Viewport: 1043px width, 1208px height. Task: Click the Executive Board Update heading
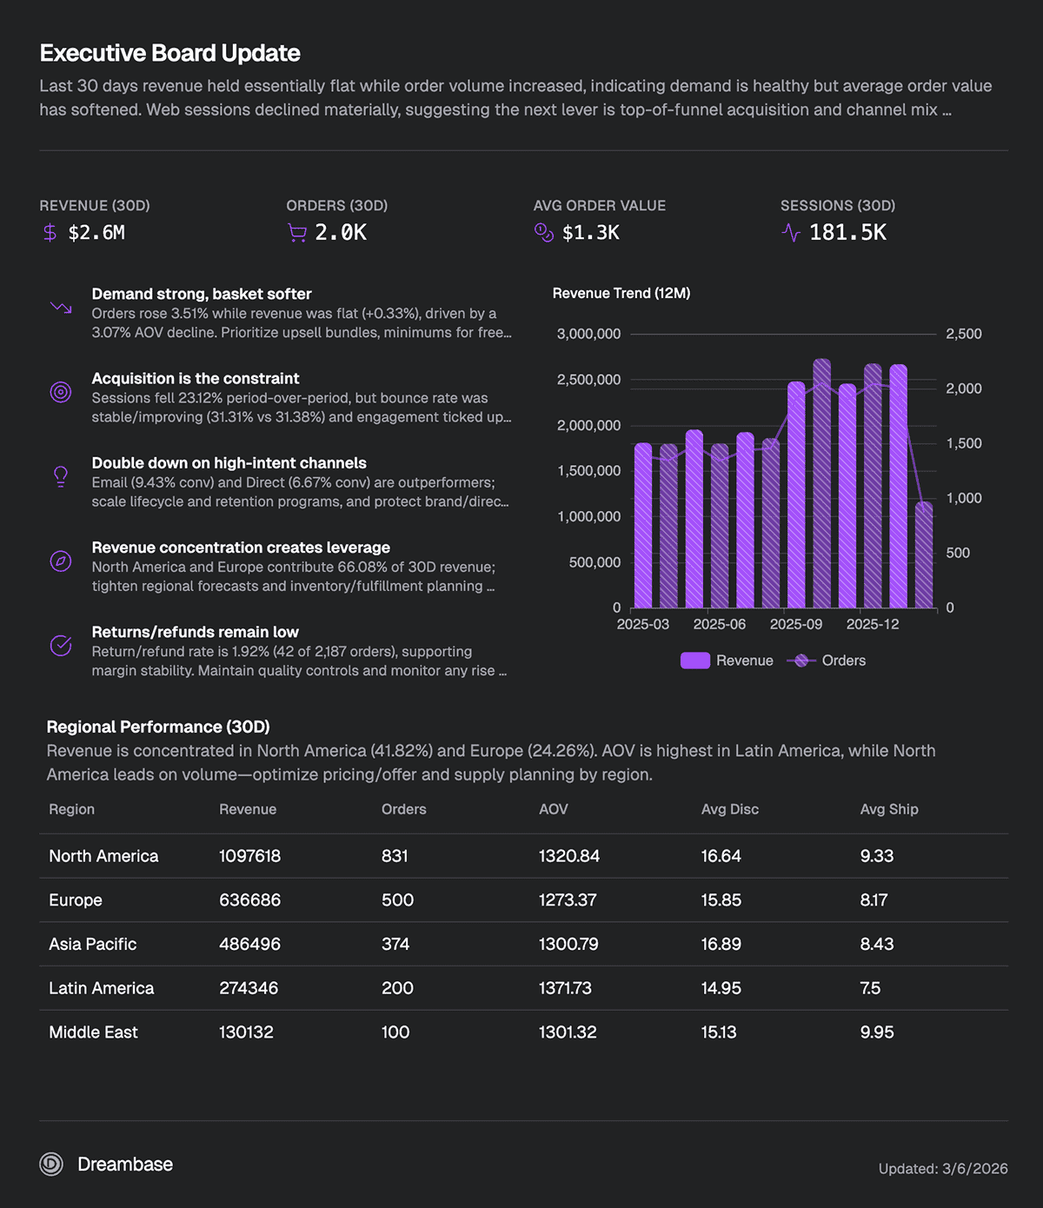point(170,54)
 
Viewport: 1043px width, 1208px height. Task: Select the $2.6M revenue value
point(96,233)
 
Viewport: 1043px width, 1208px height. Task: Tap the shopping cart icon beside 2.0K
point(297,233)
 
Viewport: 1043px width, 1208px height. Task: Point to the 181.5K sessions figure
point(847,233)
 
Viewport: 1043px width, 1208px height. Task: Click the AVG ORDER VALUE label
point(599,206)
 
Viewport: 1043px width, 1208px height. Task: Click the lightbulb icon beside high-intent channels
point(61,476)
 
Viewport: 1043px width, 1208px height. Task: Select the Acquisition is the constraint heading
point(196,379)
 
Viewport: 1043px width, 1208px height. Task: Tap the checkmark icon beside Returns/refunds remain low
point(61,646)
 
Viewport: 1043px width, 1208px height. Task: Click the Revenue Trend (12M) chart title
point(621,294)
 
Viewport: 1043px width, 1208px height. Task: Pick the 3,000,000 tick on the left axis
point(588,334)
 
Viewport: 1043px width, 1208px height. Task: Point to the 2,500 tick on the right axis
point(963,334)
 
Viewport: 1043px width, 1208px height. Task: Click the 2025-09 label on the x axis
point(796,625)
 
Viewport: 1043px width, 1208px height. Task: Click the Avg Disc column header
point(730,810)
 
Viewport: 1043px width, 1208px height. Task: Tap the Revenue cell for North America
point(249,856)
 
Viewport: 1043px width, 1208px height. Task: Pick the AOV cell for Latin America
point(565,988)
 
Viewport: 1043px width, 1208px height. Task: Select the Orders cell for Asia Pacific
point(395,944)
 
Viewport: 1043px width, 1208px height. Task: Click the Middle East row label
point(94,1032)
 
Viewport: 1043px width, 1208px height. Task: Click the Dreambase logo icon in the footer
point(51,1165)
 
